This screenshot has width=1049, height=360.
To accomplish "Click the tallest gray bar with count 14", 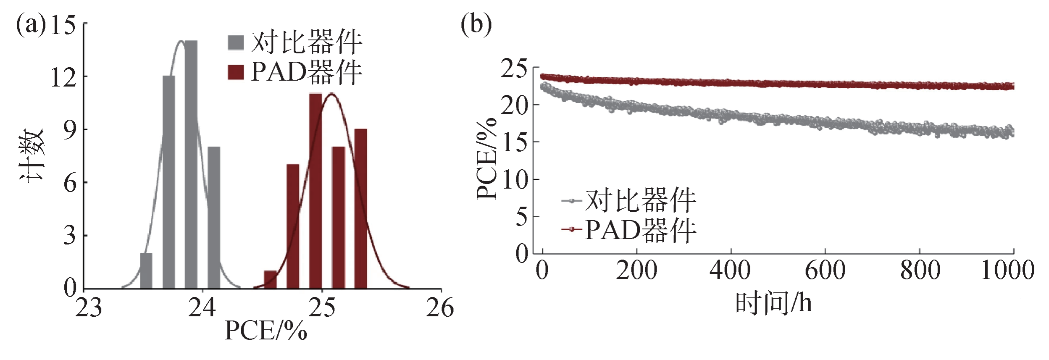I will point(191,164).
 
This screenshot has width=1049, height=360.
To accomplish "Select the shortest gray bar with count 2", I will point(146,271).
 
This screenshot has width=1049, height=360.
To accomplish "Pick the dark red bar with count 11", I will point(315,191).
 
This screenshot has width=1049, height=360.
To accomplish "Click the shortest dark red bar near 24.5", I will point(270,280).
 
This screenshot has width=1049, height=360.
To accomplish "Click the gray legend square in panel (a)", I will point(236,42).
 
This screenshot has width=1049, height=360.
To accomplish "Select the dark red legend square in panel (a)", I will point(236,72).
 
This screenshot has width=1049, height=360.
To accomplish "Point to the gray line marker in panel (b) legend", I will point(572,201).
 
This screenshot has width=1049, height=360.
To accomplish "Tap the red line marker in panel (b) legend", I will point(572,229).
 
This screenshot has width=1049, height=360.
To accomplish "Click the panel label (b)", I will point(476,24).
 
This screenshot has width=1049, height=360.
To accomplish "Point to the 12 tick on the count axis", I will point(63,77).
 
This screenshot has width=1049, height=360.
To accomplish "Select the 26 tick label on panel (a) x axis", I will point(440,308).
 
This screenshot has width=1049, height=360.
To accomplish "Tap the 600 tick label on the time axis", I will point(825,270).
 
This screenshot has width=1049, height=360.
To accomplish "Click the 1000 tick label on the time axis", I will point(1007,270).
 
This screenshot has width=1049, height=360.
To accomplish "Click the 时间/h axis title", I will point(773,303).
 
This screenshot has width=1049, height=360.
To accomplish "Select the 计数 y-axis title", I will point(32,155).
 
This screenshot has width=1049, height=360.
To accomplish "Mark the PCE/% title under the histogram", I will point(266,331).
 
